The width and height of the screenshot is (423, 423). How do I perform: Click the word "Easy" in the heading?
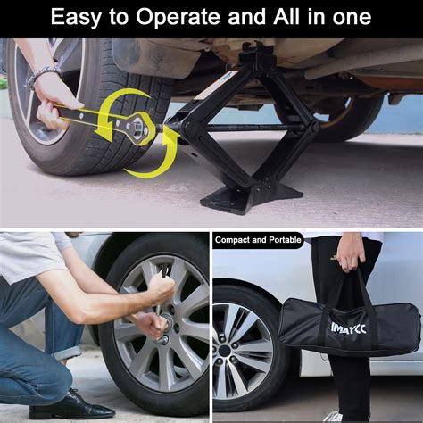79,17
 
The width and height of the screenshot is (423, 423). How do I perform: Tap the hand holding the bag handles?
351,253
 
